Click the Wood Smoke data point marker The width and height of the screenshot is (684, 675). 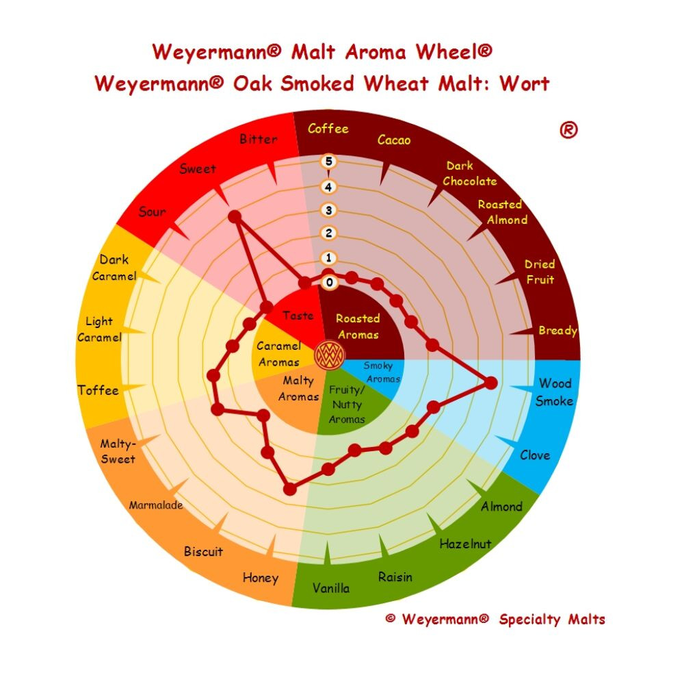[x=490, y=383]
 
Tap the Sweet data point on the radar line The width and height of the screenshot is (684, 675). [x=235, y=216]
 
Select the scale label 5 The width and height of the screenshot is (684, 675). [x=328, y=162]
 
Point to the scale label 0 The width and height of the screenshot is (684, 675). [x=330, y=283]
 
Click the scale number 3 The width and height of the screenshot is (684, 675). [x=328, y=210]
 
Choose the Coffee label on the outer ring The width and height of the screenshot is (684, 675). [x=328, y=129]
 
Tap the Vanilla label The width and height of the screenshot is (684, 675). [x=331, y=588]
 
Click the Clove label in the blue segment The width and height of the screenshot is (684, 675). [x=535, y=455]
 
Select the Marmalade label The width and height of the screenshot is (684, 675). [x=156, y=505]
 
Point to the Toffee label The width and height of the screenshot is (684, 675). [x=98, y=390]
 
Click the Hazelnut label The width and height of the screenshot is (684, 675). [x=465, y=544]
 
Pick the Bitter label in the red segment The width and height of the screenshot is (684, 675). [x=259, y=139]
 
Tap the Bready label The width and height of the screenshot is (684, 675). [x=558, y=331]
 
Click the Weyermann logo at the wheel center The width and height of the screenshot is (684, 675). [x=330, y=355]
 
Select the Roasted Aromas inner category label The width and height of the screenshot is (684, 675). [x=358, y=326]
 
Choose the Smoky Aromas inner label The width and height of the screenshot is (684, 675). [x=382, y=372]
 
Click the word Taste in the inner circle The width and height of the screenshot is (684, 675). [x=298, y=315]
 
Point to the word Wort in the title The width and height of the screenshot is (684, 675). [x=525, y=84]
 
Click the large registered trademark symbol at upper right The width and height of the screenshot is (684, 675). [x=568, y=130]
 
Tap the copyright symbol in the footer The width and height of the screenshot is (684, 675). [x=391, y=618]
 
